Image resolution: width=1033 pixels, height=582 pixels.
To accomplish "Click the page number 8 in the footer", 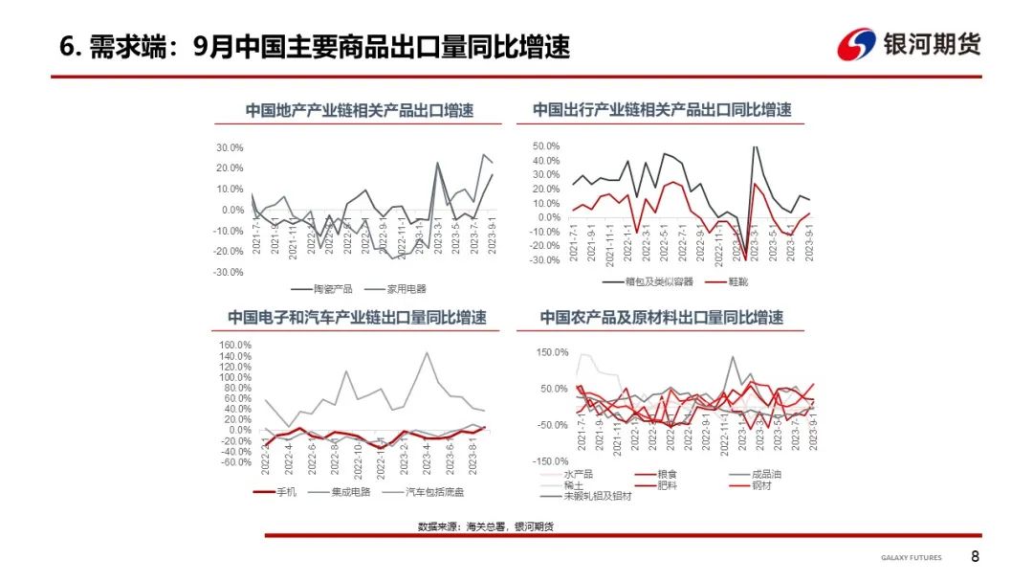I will (x=975, y=557).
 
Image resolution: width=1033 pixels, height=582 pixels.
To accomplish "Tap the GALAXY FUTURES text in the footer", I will (x=911, y=558).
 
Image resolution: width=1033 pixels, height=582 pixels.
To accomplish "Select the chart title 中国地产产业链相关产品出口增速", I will (x=359, y=110).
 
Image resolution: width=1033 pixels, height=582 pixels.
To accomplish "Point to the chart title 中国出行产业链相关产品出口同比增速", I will (x=662, y=110).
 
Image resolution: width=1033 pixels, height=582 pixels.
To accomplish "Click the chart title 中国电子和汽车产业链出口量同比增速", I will (x=357, y=318).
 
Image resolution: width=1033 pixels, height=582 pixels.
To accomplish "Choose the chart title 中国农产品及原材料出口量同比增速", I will (x=662, y=318).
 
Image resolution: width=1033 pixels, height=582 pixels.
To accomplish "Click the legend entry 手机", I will (x=287, y=492).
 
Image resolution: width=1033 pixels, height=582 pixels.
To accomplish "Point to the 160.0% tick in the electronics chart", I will (x=235, y=345).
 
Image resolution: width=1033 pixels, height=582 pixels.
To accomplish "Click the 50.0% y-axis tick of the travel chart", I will (x=544, y=145).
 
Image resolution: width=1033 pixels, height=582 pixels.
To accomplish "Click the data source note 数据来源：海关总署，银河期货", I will (x=485, y=526).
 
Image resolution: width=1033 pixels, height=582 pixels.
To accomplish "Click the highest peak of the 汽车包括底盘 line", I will (x=426, y=352).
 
